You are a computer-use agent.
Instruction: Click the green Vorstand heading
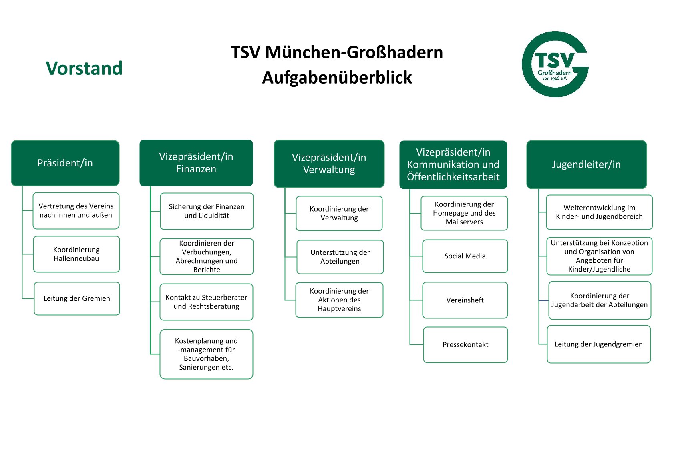pos(84,68)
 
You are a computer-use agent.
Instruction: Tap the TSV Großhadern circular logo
pos(555,64)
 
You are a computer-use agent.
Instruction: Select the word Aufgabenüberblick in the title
pos(337,78)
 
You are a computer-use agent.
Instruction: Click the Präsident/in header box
pos(65,163)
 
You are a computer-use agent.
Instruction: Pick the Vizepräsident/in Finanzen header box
pos(196,163)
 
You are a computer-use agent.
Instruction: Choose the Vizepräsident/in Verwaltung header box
pos(329,164)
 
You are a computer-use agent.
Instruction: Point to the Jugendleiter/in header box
pos(586,164)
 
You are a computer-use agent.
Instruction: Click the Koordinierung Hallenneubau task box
pos(76,254)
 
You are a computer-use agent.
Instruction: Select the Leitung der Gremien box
pos(77,298)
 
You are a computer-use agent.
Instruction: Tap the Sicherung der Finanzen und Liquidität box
pos(207,211)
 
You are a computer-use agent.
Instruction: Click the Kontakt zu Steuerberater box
pos(206,302)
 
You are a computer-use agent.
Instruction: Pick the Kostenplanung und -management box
pos(206,354)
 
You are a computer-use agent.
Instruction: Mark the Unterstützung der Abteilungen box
pos(340,257)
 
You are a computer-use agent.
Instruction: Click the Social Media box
pos(465,256)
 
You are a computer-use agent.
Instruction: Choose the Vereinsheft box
pos(465,300)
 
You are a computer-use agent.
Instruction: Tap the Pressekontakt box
pos(465,345)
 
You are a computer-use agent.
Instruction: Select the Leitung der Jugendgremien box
pos(599,344)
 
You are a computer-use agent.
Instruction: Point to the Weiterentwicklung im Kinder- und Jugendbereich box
pos(599,212)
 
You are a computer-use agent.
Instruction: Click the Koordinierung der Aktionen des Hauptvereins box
pos(339,300)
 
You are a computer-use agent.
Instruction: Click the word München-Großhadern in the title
pos(354,52)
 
